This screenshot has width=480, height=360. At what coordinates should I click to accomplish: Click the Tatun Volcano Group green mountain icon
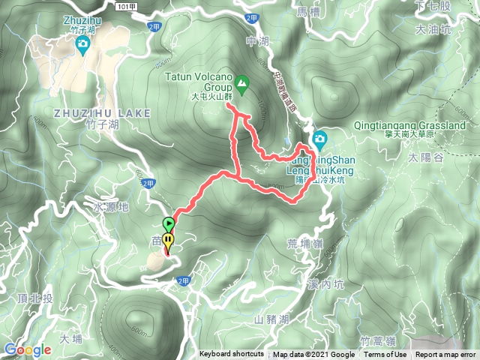pyautogui.click(x=242, y=81)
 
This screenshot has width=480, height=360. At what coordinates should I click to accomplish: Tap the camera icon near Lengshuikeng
pyautogui.click(x=319, y=138)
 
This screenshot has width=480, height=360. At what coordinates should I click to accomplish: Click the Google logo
pyautogui.click(x=27, y=349)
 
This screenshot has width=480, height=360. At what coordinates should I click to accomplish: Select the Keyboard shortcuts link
pyautogui.click(x=232, y=355)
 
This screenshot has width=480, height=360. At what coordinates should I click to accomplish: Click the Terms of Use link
pyautogui.click(x=385, y=355)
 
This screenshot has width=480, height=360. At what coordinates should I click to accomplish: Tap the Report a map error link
pyautogui.click(x=445, y=355)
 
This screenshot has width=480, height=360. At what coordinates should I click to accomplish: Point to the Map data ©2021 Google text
pyautogui.click(x=313, y=355)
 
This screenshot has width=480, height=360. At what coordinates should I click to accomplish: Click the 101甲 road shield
pyautogui.click(x=128, y=4)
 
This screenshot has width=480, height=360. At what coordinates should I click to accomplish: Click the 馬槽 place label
pyautogui.click(x=308, y=13)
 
